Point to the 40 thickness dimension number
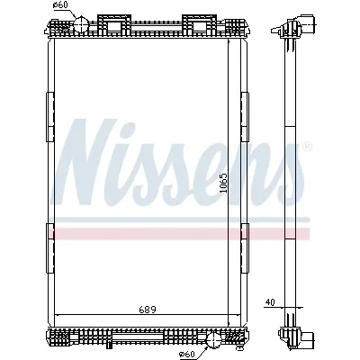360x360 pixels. (271, 303)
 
